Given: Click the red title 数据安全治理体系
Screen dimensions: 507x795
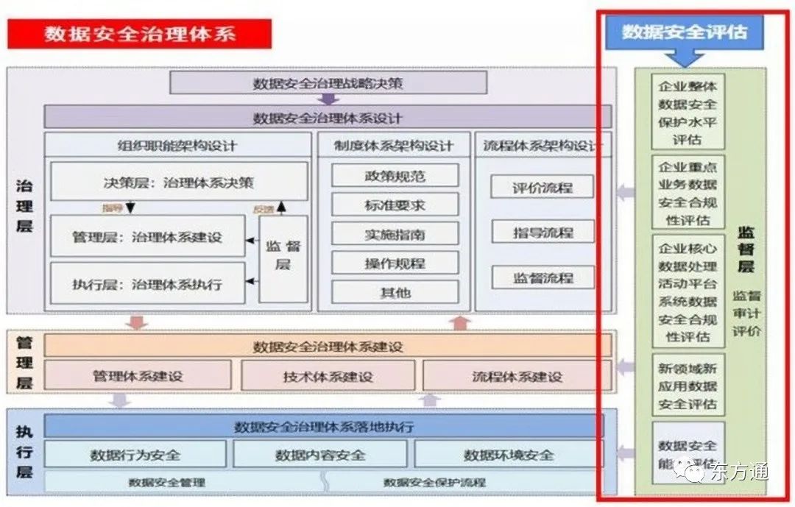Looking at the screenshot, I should (140, 34).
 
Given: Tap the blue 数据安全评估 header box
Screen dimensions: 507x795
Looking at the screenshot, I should (684, 32).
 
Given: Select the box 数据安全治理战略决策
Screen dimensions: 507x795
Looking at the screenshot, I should (328, 83).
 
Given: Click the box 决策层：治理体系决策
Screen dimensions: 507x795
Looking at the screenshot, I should (179, 181).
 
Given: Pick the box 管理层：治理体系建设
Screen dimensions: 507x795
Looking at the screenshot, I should (147, 237).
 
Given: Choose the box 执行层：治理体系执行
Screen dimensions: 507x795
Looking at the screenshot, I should (147, 283).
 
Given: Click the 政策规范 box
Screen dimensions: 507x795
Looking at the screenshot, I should (395, 176).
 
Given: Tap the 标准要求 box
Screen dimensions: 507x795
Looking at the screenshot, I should (395, 205).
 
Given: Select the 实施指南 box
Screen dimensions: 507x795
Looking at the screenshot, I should (395, 235).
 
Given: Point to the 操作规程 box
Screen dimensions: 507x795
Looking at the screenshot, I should (395, 263).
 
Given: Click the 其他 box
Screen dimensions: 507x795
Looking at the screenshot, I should (395, 292).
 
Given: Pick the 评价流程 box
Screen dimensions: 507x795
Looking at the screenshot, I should (543, 187).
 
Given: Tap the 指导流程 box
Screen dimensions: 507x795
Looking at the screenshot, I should (543, 233).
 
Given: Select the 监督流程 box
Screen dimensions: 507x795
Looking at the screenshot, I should (543, 278).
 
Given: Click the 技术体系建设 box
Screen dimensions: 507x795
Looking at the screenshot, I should (328, 376).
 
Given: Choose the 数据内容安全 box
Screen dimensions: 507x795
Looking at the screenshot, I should (320, 455).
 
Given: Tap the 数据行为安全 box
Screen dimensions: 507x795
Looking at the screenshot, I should (135, 455).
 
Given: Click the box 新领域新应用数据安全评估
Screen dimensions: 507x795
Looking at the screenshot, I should (688, 386).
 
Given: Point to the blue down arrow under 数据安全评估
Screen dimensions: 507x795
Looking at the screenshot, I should (684, 57).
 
